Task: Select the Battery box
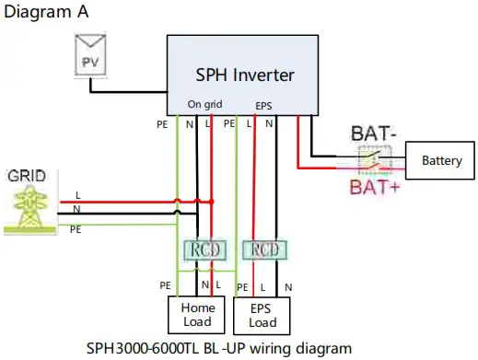coord(441,160)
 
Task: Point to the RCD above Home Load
coord(204,249)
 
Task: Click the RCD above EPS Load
coord(263,249)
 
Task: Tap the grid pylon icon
coord(30,207)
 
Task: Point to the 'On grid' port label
coord(205,105)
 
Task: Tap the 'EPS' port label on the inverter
coord(263,106)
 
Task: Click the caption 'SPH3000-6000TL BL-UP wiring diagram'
coord(218,348)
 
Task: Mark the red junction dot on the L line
coord(212,201)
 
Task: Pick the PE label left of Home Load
coord(165,286)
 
